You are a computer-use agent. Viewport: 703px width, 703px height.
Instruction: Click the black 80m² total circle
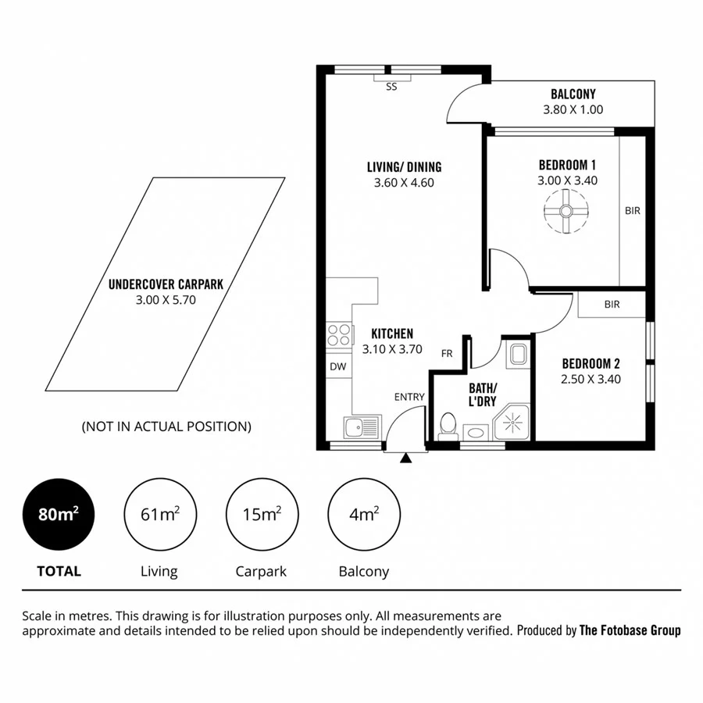click(59, 515)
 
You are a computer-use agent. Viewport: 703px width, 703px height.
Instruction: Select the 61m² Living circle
click(159, 515)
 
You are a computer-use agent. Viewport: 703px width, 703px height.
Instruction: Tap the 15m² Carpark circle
click(261, 515)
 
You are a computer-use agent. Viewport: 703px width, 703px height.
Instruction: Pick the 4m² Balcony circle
click(363, 515)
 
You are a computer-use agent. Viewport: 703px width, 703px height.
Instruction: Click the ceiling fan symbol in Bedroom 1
click(566, 212)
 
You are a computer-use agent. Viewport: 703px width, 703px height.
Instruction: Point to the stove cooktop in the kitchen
click(339, 335)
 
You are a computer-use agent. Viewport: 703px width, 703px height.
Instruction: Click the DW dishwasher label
click(338, 366)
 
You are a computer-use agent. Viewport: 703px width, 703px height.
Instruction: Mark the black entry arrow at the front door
click(405, 459)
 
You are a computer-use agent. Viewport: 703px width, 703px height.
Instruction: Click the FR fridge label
click(447, 353)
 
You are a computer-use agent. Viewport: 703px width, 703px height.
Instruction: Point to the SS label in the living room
click(391, 87)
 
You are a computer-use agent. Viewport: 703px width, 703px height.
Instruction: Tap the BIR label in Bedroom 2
click(612, 305)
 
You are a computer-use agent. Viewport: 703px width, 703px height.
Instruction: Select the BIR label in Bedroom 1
click(632, 210)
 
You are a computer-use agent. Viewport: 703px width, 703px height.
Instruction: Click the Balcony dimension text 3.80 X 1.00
click(573, 110)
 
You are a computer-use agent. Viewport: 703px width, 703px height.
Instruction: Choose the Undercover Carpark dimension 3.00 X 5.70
click(166, 299)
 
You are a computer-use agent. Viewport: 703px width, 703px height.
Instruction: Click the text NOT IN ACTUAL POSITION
click(166, 426)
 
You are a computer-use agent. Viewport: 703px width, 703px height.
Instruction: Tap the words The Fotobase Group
click(630, 630)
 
